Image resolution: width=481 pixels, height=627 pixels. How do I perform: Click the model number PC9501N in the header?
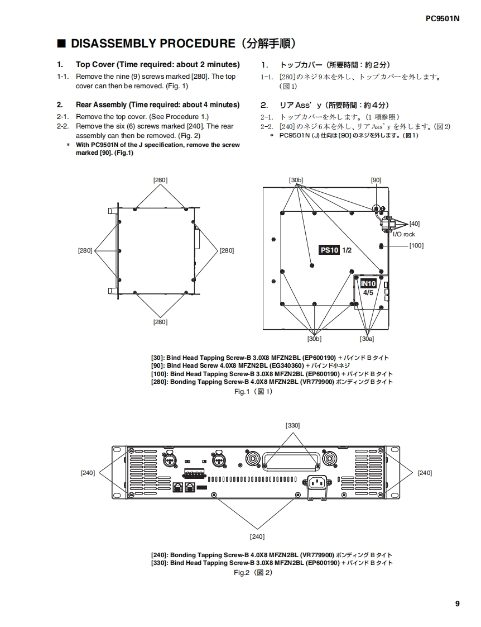[442, 18]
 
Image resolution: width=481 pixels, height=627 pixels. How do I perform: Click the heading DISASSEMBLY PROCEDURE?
[152, 44]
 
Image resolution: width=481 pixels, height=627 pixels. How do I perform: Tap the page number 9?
[457, 603]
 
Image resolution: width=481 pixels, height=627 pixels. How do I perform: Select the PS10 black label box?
[329, 250]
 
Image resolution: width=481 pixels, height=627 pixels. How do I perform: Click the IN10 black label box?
[368, 284]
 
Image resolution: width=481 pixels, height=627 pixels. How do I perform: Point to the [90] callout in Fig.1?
[376, 180]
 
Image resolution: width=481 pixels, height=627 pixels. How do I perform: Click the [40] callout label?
[415, 224]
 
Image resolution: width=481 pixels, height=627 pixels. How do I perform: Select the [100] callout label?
[416, 245]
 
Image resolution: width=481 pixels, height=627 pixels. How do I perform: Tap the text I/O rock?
[404, 234]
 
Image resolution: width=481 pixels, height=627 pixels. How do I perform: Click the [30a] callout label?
[367, 338]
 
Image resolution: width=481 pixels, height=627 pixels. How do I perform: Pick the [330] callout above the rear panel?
[292, 425]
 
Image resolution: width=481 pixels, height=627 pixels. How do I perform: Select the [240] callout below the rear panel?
[257, 536]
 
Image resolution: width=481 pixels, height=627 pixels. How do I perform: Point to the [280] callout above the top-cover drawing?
[160, 180]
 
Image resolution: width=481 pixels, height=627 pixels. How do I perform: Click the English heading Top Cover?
[95, 64]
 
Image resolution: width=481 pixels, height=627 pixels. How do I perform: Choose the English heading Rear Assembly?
[101, 104]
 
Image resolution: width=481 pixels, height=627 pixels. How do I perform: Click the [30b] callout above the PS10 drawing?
[296, 180]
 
